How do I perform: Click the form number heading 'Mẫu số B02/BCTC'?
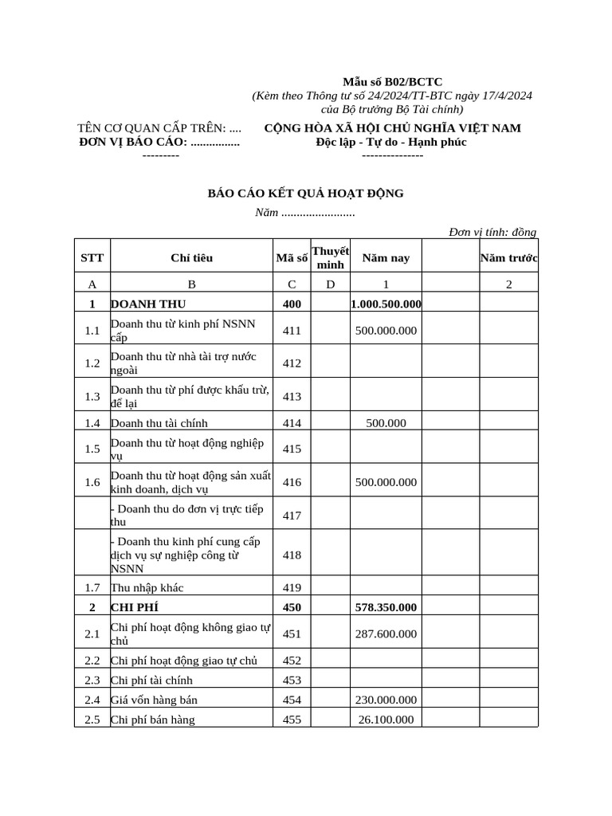click(x=392, y=82)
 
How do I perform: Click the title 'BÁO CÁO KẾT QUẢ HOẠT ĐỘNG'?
click(x=305, y=194)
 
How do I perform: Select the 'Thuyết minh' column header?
click(x=330, y=257)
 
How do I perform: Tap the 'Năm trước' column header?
click(x=509, y=257)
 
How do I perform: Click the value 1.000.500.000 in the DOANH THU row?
click(x=386, y=304)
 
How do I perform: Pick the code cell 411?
click(x=292, y=331)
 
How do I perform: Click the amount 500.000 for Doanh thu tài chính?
click(x=386, y=423)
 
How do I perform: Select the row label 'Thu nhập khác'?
click(x=147, y=588)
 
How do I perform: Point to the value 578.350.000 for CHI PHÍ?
click(x=386, y=607)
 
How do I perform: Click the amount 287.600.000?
click(x=386, y=634)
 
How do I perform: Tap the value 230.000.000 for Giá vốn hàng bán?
click(x=386, y=700)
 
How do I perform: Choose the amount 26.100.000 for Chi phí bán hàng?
click(x=386, y=720)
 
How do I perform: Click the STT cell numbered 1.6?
click(x=92, y=482)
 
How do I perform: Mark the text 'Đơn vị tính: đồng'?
click(x=492, y=232)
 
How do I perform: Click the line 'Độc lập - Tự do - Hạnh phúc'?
click(x=391, y=142)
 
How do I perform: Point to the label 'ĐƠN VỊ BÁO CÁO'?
click(x=133, y=142)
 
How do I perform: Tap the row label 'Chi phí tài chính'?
click(x=151, y=681)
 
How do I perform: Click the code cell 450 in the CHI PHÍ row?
click(x=292, y=607)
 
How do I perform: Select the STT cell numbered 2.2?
click(x=92, y=661)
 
